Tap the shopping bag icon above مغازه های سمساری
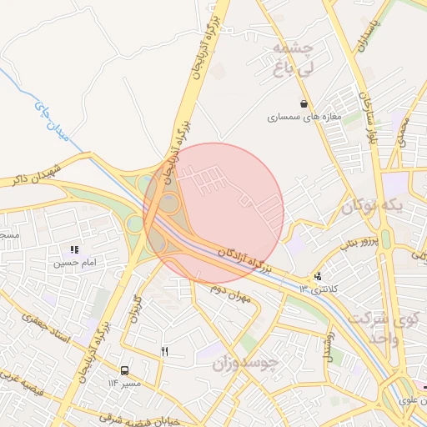pyautogui.click(x=305, y=104)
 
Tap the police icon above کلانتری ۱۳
pyautogui.click(x=317, y=277)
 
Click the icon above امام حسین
pyautogui.click(x=74, y=249)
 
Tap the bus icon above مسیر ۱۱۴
pyautogui.click(x=124, y=370)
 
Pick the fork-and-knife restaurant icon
pyautogui.click(x=165, y=352)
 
